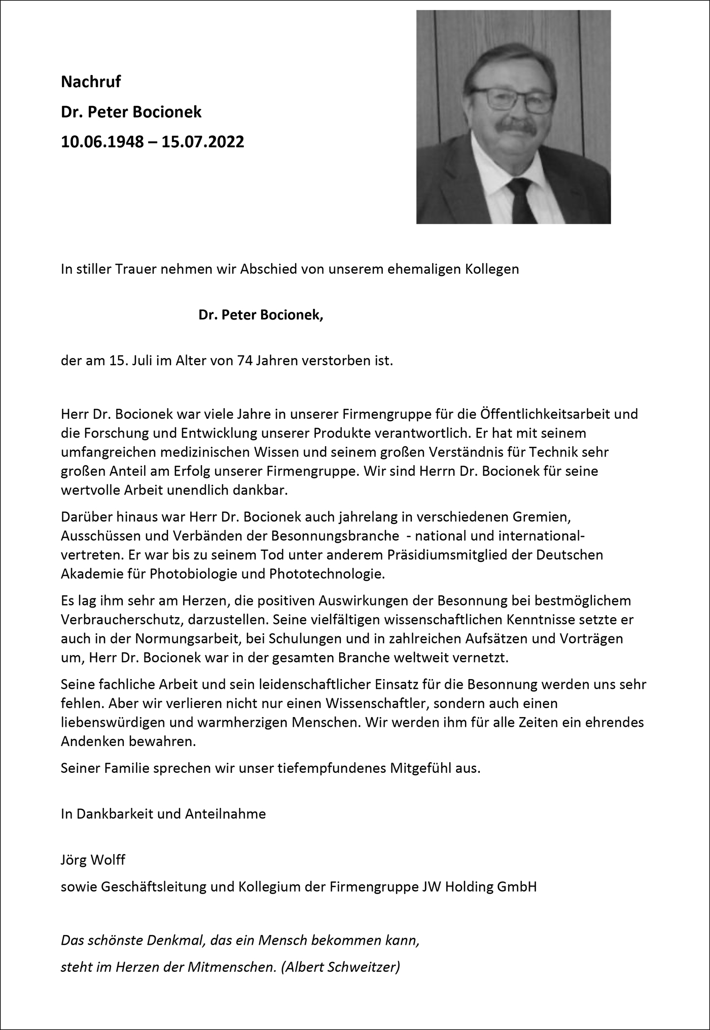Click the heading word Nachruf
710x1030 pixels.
(91, 82)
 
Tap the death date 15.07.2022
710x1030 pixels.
(203, 141)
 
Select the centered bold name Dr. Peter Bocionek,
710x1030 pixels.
(261, 315)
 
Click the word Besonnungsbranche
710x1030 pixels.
(335, 536)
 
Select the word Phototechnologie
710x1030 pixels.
(328, 574)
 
